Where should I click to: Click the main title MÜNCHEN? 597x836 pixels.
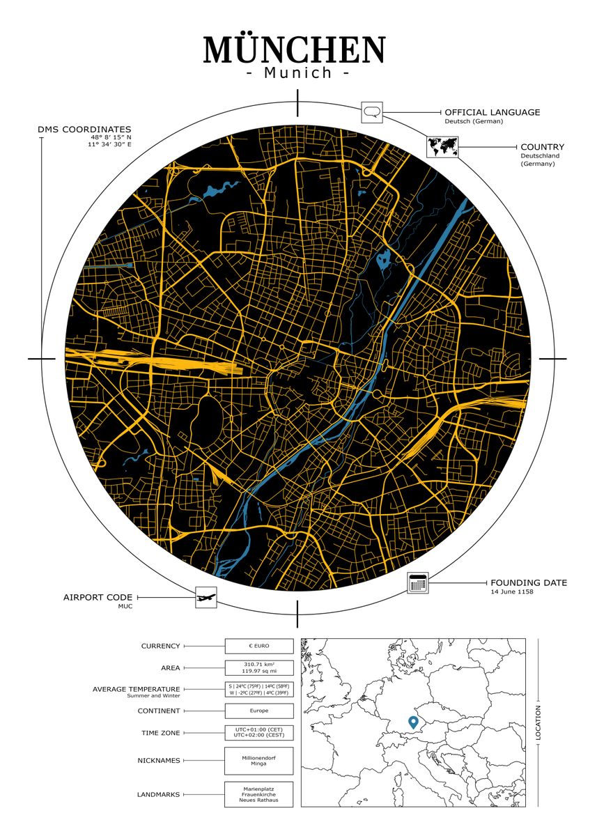pyautogui.click(x=294, y=50)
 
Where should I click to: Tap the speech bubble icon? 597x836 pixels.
pyautogui.click(x=372, y=112)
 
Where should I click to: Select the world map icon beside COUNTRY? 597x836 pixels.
pyautogui.click(x=442, y=147)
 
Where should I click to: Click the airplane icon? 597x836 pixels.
pyautogui.click(x=206, y=597)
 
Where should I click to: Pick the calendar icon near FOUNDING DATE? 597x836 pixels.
pyautogui.click(x=417, y=583)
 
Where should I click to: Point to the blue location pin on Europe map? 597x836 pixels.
pyautogui.click(x=412, y=722)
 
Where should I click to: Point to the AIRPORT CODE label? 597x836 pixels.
pyautogui.click(x=97, y=598)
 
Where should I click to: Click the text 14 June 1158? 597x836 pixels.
pyautogui.click(x=511, y=592)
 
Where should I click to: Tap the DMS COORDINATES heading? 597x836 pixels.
pyautogui.click(x=84, y=130)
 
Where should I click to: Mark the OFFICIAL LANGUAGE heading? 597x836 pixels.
pyautogui.click(x=492, y=112)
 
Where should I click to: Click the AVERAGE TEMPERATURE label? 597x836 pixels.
pyautogui.click(x=136, y=689)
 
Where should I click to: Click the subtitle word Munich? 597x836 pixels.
pyautogui.click(x=298, y=72)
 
